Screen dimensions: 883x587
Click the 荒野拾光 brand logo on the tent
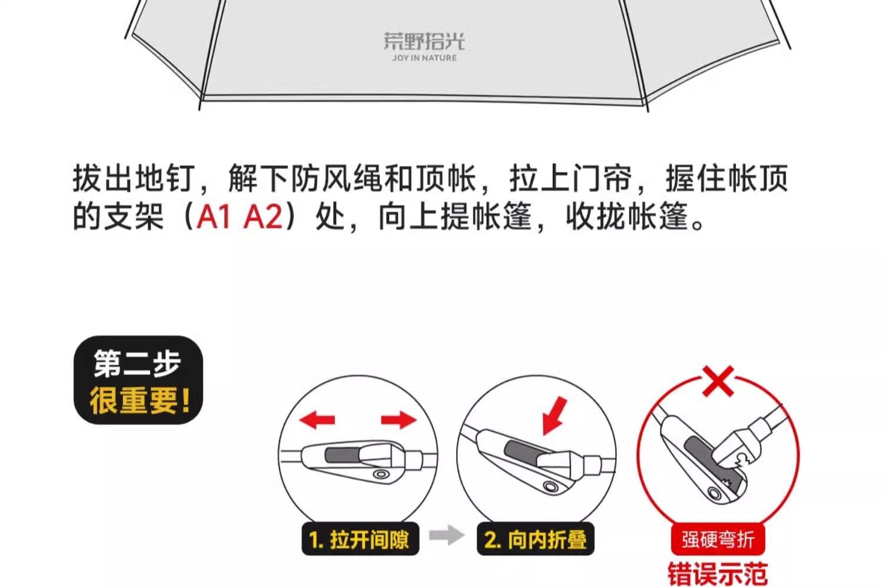click(424, 41)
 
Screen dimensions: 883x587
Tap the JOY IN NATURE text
click(424, 58)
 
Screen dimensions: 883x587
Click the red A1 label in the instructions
click(213, 216)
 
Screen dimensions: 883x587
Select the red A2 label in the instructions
click(263, 216)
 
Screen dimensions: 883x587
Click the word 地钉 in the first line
click(165, 178)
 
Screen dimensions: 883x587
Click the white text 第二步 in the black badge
click(137, 363)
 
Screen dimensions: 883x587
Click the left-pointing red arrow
click(317, 419)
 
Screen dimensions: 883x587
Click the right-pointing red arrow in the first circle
click(399, 419)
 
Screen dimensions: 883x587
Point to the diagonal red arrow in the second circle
click(555, 416)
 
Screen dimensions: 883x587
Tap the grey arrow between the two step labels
click(447, 535)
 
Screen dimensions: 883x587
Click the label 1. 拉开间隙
click(360, 539)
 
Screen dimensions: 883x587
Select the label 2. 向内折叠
click(535, 539)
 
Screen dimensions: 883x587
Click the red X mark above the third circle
click(718, 381)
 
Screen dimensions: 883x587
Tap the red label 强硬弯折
click(718, 539)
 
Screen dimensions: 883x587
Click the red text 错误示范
click(718, 574)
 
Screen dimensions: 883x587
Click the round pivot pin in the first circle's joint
click(381, 473)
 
